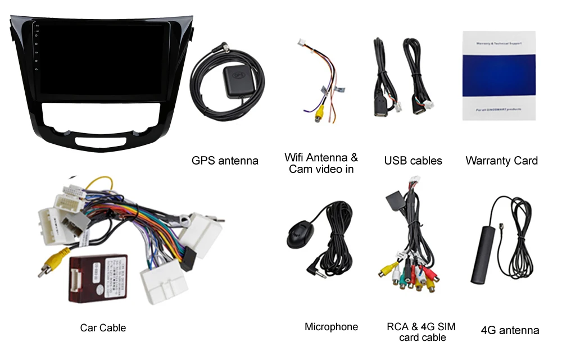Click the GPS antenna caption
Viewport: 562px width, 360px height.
(225, 161)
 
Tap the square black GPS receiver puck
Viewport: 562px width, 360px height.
(237, 75)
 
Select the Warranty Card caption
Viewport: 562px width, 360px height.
(501, 161)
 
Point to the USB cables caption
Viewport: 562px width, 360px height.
(413, 161)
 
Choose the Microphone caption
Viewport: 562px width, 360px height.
(331, 326)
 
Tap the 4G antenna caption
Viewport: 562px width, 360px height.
(510, 330)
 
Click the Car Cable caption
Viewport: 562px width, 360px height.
(103, 327)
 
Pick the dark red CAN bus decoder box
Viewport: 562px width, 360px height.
(98, 278)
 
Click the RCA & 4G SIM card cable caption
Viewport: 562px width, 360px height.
(421, 331)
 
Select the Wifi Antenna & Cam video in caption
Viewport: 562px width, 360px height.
(321, 163)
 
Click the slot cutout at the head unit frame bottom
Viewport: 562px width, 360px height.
(103, 136)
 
